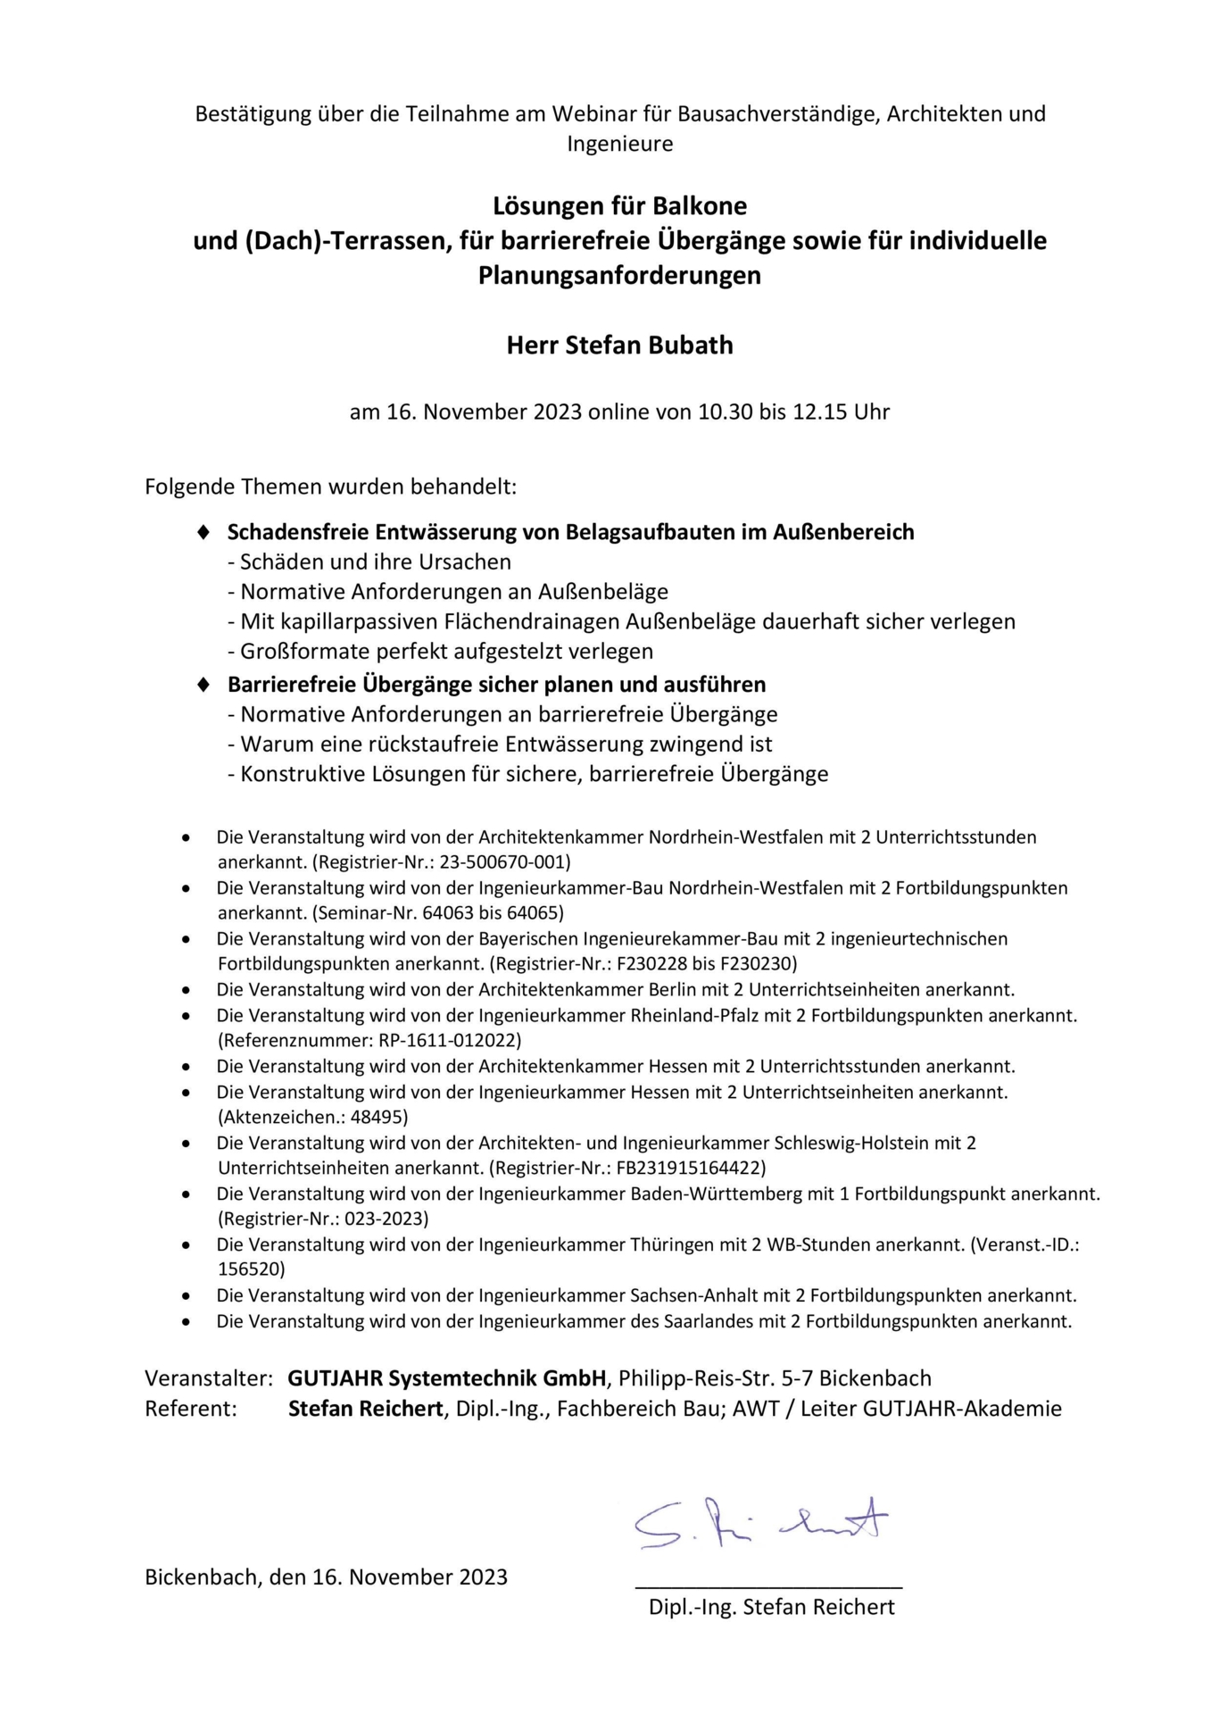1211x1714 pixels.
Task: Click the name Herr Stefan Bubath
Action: (x=619, y=345)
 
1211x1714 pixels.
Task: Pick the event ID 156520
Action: (x=252, y=1269)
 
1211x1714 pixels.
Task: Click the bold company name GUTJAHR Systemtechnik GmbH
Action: (x=447, y=1378)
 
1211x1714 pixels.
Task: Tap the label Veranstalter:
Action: (x=209, y=1378)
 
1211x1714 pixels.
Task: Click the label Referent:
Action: (x=191, y=1409)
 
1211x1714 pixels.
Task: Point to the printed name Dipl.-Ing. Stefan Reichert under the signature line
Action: (x=771, y=1607)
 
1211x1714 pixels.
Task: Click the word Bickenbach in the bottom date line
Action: (x=202, y=1577)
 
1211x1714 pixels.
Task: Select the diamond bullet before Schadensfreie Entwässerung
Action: (x=203, y=532)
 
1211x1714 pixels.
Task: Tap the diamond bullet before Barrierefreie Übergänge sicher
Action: (x=203, y=685)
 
